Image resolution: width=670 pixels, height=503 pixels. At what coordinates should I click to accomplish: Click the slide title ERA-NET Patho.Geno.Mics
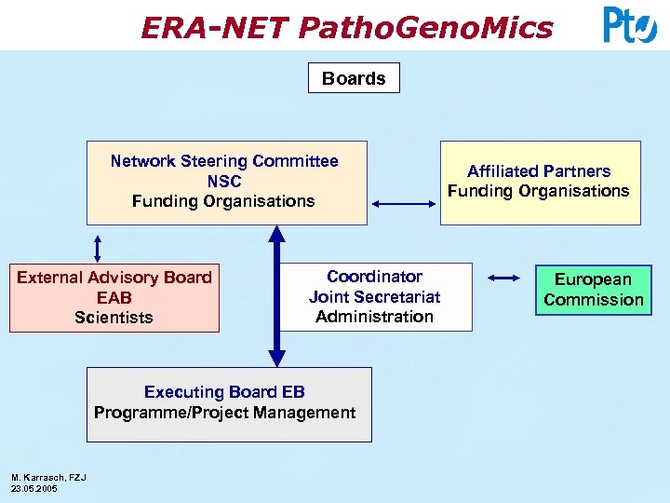[346, 28]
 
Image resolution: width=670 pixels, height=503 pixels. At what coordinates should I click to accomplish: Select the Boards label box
[354, 78]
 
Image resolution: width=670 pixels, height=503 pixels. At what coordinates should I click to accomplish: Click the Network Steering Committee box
[226, 183]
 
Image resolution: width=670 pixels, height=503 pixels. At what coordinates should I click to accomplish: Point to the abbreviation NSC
[224, 182]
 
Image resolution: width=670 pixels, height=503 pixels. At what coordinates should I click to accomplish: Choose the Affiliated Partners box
[540, 183]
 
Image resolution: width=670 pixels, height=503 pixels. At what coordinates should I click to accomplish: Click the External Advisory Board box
[114, 297]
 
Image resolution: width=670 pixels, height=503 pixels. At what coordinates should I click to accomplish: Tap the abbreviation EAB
[114, 298]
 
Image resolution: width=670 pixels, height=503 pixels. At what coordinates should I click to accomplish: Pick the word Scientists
[114, 318]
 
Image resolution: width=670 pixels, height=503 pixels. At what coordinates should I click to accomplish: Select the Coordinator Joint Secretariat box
[375, 297]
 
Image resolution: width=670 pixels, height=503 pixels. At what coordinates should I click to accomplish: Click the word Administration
[375, 317]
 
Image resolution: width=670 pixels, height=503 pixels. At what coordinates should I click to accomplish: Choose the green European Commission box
[594, 290]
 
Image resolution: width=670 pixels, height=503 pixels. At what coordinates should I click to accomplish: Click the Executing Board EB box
[229, 404]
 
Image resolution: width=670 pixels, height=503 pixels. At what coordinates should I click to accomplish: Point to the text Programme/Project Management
[225, 413]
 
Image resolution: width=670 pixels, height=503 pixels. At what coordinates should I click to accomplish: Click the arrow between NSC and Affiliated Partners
[403, 204]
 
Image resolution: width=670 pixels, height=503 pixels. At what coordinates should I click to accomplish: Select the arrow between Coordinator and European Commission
[503, 278]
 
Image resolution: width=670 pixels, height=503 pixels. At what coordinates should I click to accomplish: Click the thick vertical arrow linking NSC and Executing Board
[276, 296]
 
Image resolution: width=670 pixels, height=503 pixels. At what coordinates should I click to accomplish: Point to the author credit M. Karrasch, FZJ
[48, 478]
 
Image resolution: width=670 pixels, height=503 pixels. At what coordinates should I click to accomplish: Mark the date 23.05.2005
[33, 488]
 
